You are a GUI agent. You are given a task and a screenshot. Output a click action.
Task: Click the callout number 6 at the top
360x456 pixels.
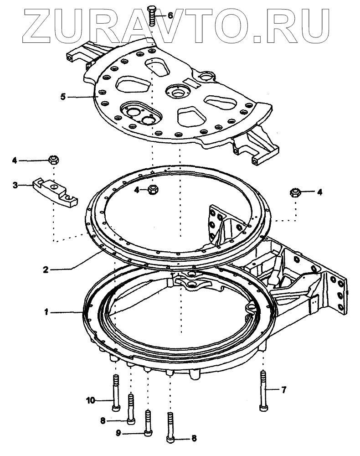coord(170,16)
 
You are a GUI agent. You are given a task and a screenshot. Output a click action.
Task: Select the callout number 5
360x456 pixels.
coord(63,97)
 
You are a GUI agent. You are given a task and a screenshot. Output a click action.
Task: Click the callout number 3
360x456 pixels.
coord(15,185)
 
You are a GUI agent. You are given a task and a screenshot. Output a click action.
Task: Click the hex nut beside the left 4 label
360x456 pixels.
coord(54,160)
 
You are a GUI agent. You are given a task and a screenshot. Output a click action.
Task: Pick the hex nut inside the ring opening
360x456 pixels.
coord(153,190)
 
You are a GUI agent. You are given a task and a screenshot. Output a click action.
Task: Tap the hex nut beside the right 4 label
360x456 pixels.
coord(295,192)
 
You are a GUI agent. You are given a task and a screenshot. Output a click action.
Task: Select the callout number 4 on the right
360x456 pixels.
coord(319,192)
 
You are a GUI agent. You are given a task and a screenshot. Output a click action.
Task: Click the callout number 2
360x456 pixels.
coord(46,269)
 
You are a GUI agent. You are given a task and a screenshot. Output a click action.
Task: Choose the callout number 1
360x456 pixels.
coord(46,312)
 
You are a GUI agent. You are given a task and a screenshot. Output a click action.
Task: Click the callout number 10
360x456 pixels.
coord(91,400)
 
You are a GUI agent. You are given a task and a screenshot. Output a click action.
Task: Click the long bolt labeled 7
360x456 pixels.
coord(263,391)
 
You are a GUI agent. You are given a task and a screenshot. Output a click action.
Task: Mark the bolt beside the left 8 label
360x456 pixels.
coord(131,409)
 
